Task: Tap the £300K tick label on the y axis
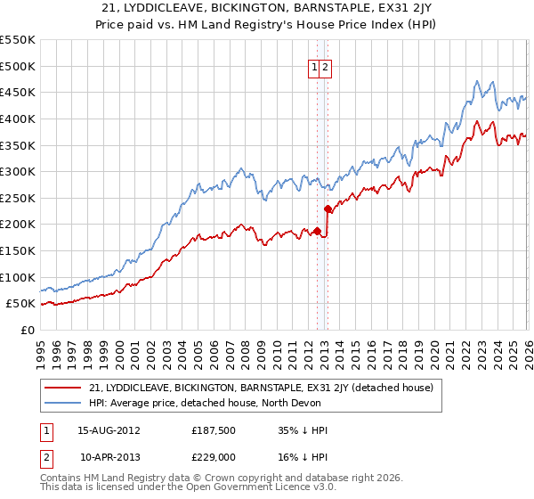(x=18, y=171)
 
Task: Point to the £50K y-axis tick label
(x=20, y=304)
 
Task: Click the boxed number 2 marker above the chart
(x=326, y=67)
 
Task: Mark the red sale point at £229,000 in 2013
(x=328, y=209)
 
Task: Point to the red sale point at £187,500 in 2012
(x=317, y=231)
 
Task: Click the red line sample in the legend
(x=63, y=389)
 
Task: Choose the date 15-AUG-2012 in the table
(x=109, y=429)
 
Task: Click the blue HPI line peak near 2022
(x=478, y=80)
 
